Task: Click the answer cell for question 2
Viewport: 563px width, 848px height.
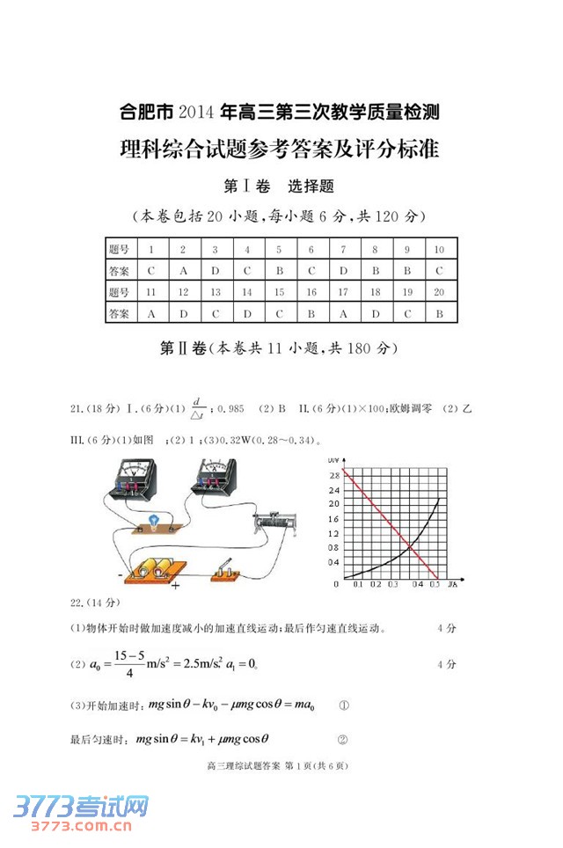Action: point(183,270)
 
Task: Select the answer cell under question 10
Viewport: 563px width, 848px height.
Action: point(439,270)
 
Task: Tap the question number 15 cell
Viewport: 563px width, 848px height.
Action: point(279,292)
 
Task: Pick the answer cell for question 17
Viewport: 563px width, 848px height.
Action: point(343,313)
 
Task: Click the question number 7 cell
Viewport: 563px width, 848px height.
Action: point(343,250)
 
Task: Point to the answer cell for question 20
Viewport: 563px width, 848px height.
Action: point(439,313)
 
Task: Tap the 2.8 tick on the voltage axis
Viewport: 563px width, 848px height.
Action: point(333,475)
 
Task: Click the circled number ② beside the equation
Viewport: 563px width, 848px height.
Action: point(343,740)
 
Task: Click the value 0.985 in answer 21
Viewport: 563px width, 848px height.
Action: point(230,409)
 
